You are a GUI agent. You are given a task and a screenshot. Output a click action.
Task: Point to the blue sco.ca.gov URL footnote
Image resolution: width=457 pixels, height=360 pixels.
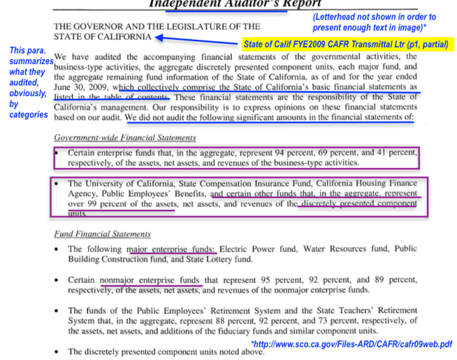click(351, 344)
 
